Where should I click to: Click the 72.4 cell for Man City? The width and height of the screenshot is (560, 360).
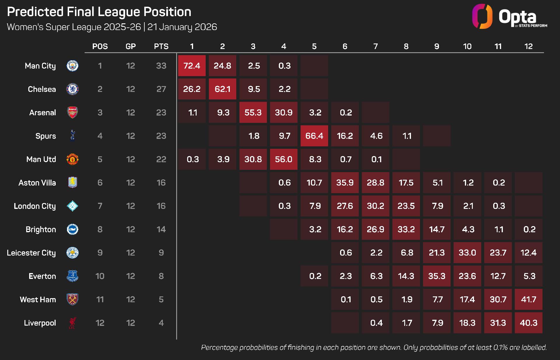(192, 66)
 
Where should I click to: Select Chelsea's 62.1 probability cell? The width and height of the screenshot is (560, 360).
(222, 89)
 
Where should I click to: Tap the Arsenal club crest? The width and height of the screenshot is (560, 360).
(72, 113)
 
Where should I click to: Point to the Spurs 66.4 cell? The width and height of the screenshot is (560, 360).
(314, 136)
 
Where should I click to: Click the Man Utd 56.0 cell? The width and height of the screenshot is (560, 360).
(283, 159)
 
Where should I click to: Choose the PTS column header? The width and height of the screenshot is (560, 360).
(161, 46)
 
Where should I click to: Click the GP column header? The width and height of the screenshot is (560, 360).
(130, 46)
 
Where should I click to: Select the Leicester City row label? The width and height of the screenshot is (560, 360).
(31, 253)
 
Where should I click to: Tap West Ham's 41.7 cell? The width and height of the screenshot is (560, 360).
(528, 299)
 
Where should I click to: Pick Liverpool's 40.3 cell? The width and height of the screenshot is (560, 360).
(528, 323)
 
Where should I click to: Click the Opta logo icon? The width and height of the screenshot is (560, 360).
(482, 16)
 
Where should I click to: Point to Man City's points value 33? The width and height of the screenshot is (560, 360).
(161, 66)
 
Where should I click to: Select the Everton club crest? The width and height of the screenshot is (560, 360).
(72, 276)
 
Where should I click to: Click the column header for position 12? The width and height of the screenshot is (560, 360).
(528, 46)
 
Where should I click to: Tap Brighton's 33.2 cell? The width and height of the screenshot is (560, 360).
(406, 229)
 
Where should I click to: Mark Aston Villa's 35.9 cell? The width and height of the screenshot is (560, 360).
(345, 183)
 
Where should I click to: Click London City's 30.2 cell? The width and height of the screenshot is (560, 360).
(375, 206)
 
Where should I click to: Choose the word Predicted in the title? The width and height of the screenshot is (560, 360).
(35, 12)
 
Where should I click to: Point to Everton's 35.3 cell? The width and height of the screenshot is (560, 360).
(437, 276)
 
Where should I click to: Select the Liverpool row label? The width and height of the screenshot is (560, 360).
(40, 323)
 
